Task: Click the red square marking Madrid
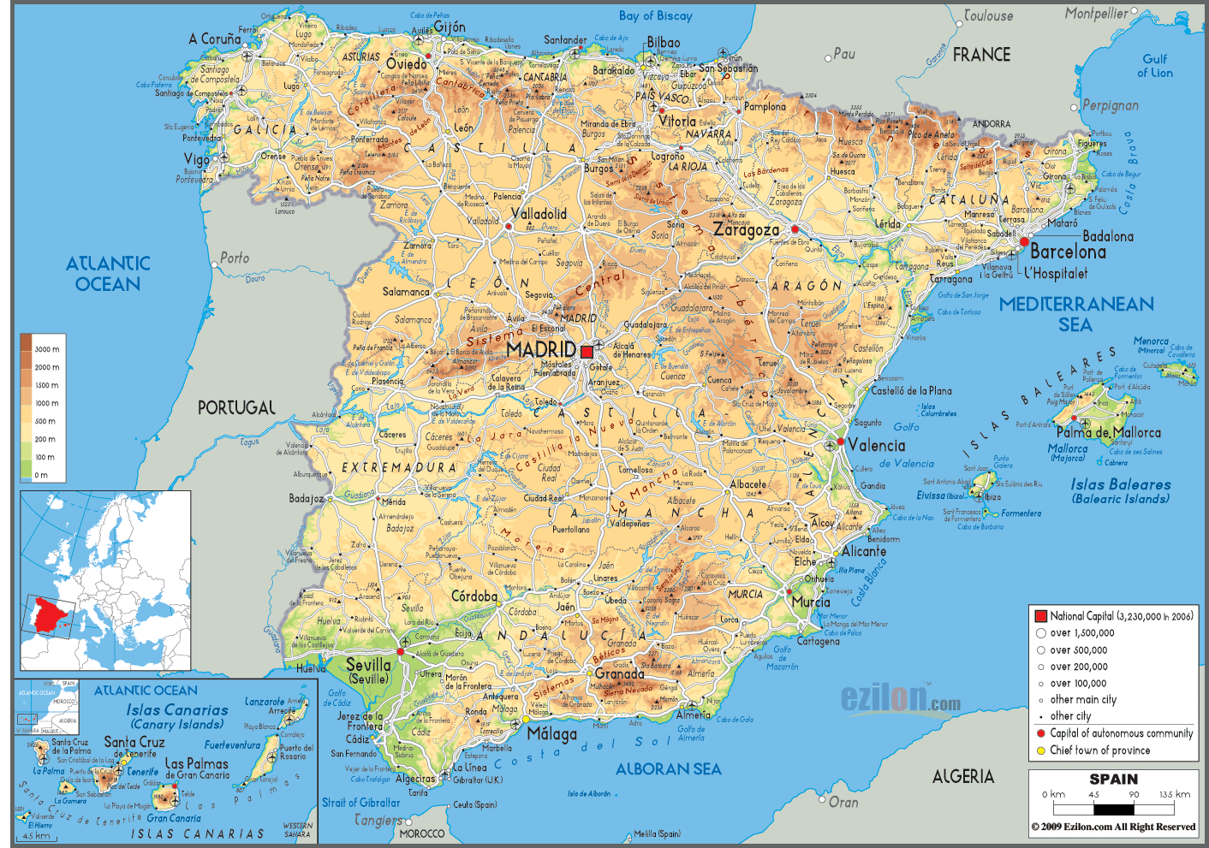click(x=587, y=352)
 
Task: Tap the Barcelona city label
click(x=1068, y=252)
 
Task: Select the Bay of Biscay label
click(x=655, y=15)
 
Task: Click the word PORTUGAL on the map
click(x=236, y=408)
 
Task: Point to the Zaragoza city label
click(x=746, y=230)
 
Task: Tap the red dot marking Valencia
click(x=841, y=442)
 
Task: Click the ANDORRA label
click(x=991, y=124)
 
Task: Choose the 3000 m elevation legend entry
click(x=47, y=349)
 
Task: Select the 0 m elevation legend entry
click(x=41, y=475)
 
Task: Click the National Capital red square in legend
click(x=1040, y=616)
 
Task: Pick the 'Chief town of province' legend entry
click(x=1099, y=750)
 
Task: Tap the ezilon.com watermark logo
click(x=900, y=698)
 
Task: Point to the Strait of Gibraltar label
click(x=360, y=803)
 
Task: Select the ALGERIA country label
click(x=962, y=776)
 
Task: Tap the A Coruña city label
click(x=215, y=39)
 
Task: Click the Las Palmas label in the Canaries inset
click(x=196, y=763)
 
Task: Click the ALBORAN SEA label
click(x=668, y=769)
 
